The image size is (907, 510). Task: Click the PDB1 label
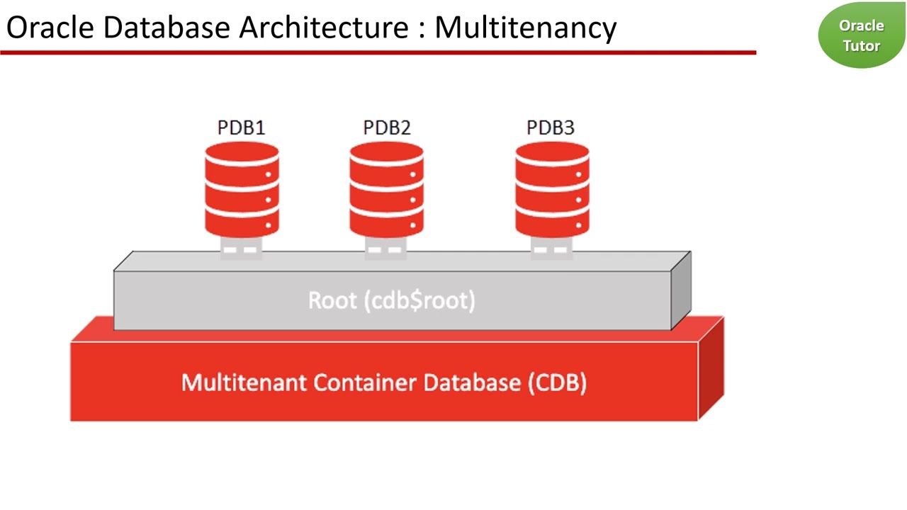point(241,127)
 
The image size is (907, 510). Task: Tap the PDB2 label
point(387,127)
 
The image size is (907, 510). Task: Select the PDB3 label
point(551,127)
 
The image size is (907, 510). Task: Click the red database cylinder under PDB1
point(242,189)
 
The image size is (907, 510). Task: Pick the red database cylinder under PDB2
point(386,189)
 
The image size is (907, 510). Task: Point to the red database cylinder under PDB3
point(552,189)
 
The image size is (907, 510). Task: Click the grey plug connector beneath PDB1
point(241,248)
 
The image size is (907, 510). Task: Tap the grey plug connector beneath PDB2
point(386,248)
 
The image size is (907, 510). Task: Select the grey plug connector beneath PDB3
point(551,248)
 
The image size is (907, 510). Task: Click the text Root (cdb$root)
point(392,300)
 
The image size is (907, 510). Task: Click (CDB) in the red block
point(557,382)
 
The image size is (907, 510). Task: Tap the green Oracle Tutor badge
point(861,35)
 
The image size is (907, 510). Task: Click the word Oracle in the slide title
point(50,27)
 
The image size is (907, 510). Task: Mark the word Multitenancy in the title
point(526,27)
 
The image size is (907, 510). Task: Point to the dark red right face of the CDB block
point(711,368)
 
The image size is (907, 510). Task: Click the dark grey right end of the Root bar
point(681,290)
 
